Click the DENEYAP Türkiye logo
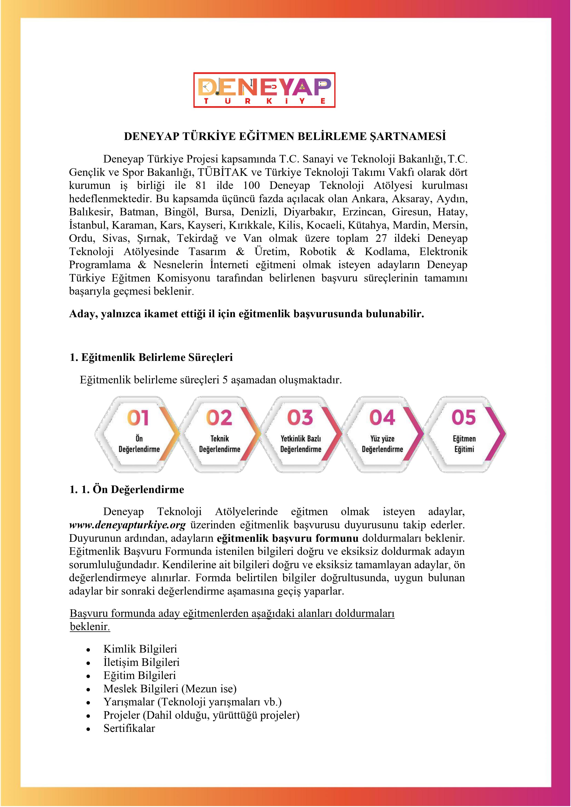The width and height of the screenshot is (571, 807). click(x=264, y=90)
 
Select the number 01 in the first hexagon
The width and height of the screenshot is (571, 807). click(x=138, y=418)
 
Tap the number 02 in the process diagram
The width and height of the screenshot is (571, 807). click(x=219, y=418)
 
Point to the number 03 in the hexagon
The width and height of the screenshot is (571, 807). click(x=300, y=418)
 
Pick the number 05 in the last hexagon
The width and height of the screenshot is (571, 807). click(x=463, y=418)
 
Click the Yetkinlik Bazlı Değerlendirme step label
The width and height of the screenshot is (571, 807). click(x=301, y=444)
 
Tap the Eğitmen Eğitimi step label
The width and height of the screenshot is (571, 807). click(x=464, y=444)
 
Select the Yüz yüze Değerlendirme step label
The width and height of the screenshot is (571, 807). click(x=382, y=444)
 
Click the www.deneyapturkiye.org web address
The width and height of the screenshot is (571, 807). click(x=127, y=525)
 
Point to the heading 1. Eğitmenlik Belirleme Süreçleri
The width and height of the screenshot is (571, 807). click(x=151, y=357)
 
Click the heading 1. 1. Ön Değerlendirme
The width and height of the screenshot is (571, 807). click(x=127, y=490)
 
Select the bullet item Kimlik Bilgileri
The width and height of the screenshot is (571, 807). click(x=140, y=649)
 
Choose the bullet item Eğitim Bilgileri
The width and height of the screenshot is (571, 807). click(x=139, y=675)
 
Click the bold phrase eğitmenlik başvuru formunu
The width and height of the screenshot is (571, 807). click(x=288, y=539)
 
